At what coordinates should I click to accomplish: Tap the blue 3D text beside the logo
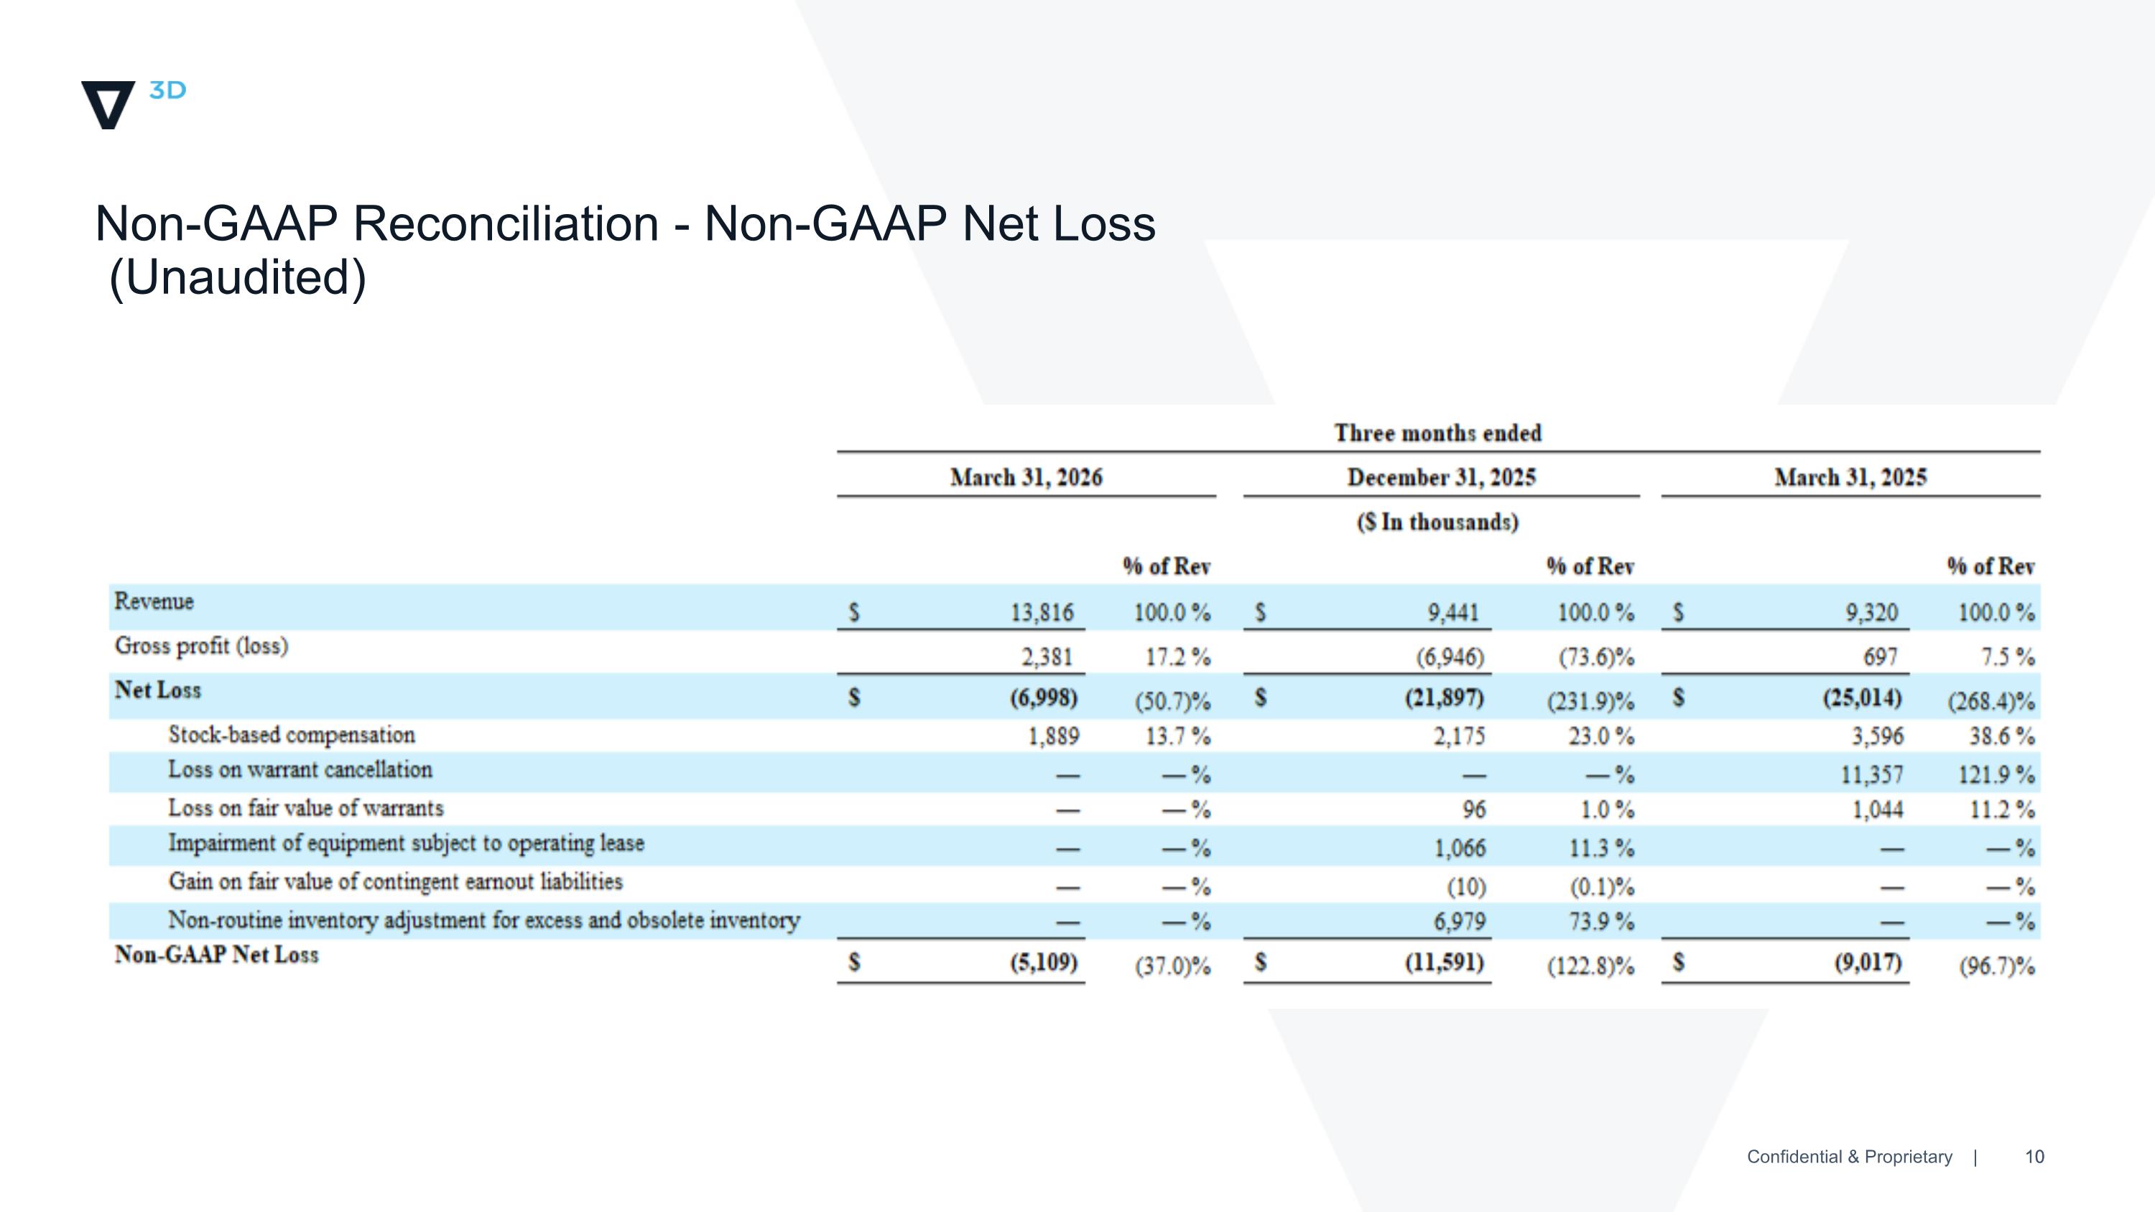(x=167, y=91)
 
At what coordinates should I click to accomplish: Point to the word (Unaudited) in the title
(x=238, y=278)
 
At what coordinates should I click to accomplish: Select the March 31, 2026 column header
(x=1026, y=478)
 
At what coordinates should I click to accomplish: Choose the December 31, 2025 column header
(x=1442, y=478)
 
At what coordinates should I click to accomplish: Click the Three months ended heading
(x=1438, y=433)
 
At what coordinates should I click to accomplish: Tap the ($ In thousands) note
(x=1438, y=522)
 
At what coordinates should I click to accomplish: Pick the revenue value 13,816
(x=1042, y=613)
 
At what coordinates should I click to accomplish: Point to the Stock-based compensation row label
(x=292, y=735)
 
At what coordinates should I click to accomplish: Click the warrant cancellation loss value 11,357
(x=1871, y=775)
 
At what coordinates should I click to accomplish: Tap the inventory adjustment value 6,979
(x=1460, y=922)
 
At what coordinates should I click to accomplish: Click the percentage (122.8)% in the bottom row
(x=1590, y=967)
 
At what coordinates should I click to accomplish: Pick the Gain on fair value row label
(x=396, y=882)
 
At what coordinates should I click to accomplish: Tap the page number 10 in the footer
(x=2034, y=1157)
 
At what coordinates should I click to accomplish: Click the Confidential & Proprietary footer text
(x=1850, y=1157)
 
